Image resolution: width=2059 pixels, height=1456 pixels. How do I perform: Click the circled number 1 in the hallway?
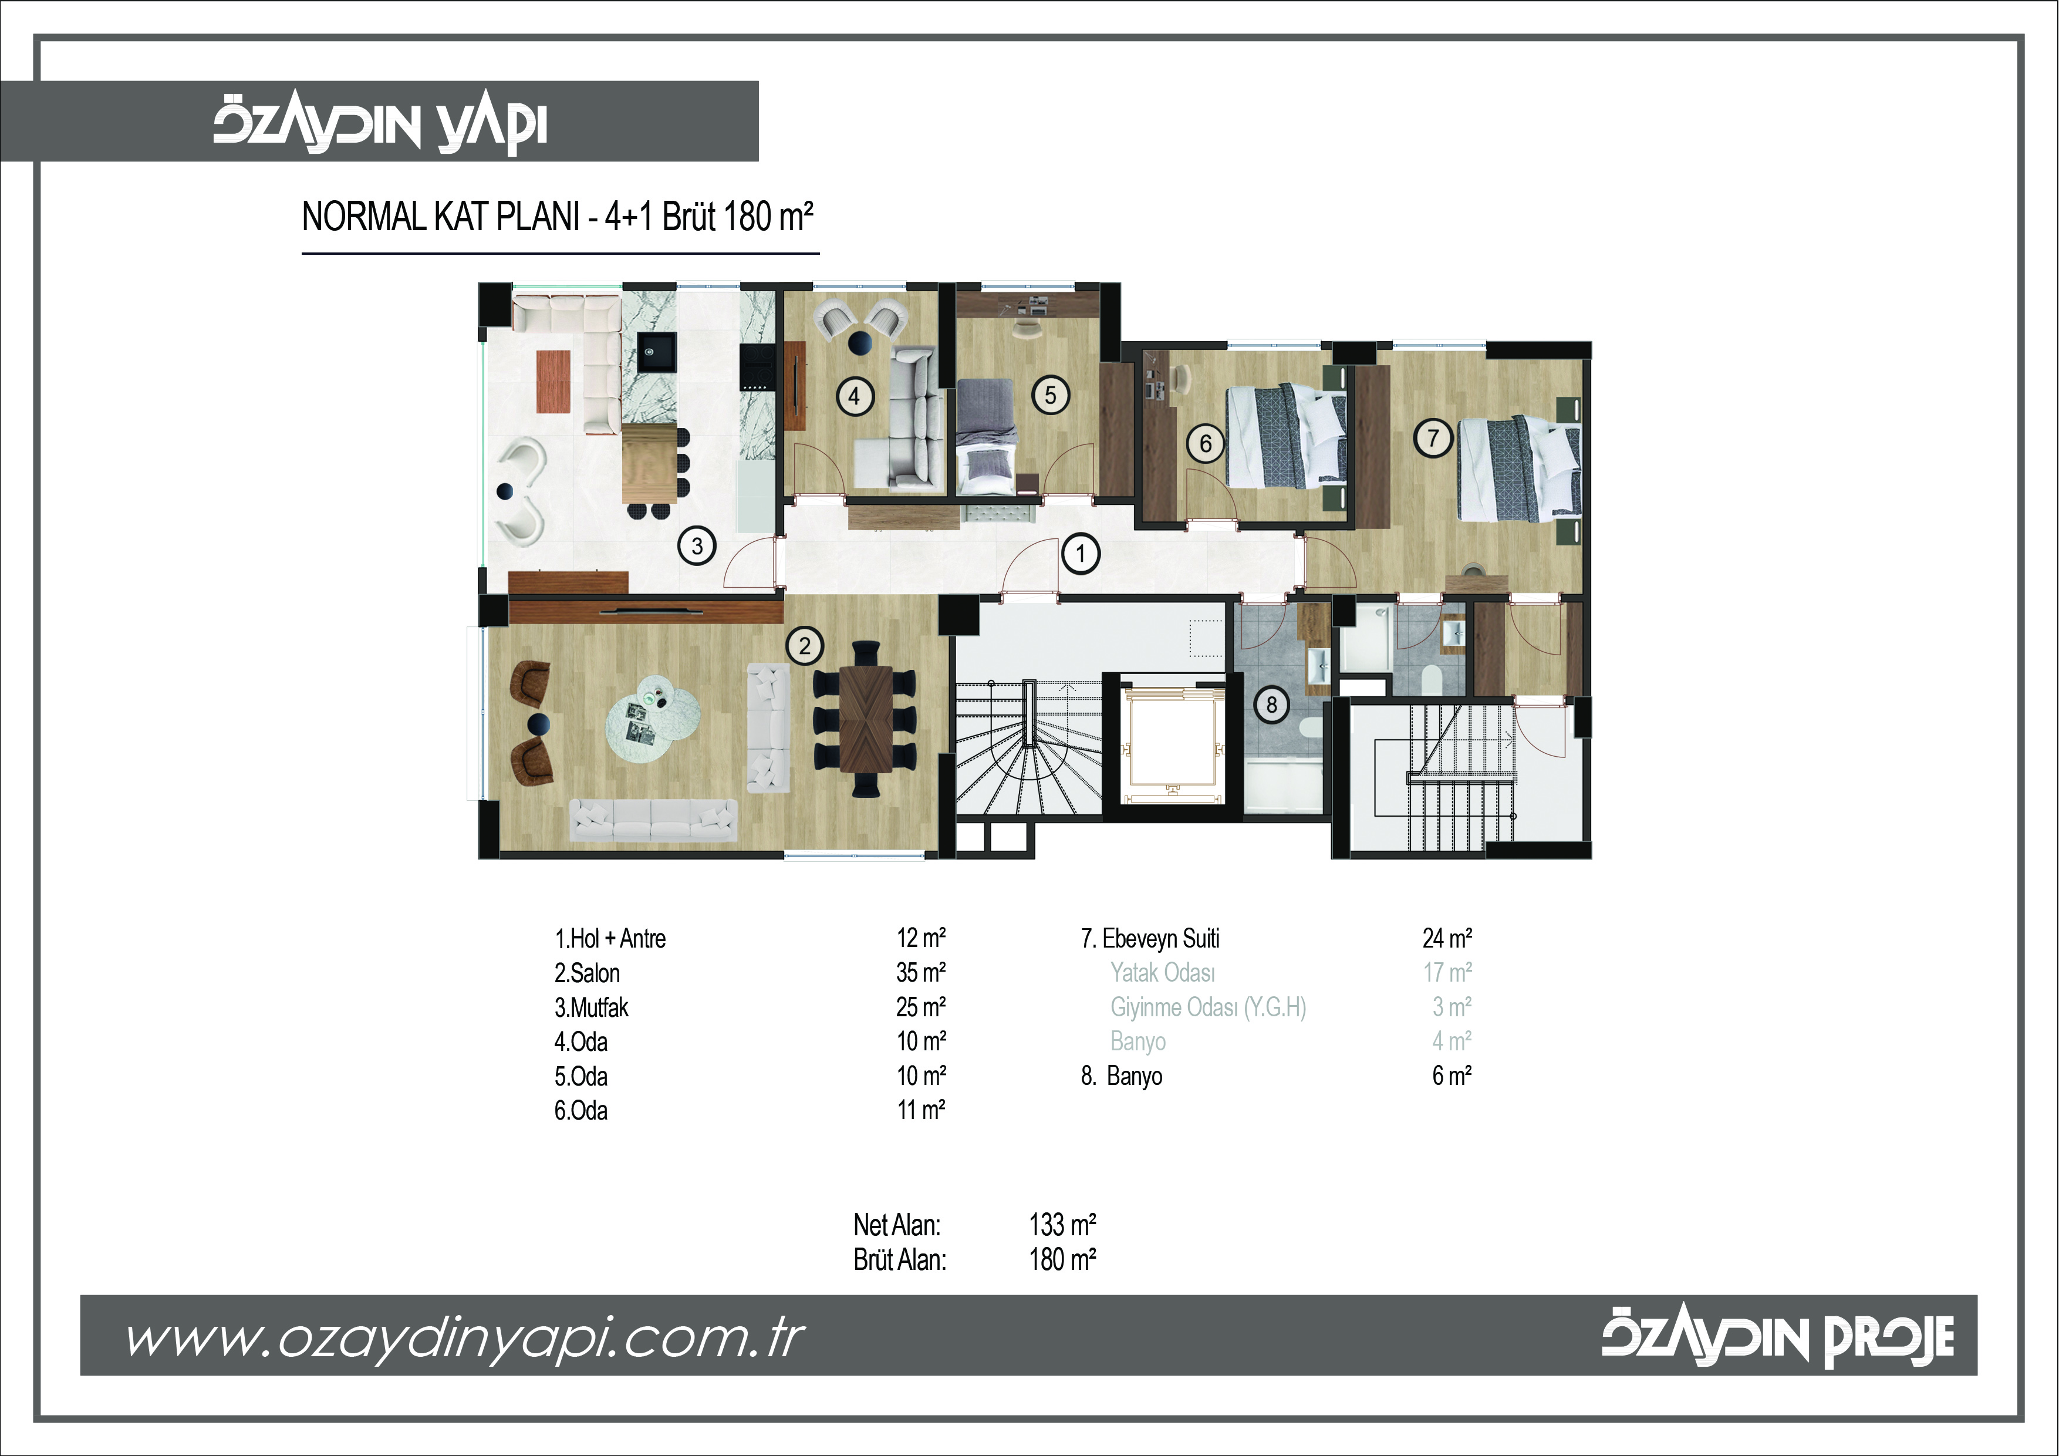point(1081,554)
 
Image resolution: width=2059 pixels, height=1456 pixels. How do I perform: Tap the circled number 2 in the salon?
point(805,646)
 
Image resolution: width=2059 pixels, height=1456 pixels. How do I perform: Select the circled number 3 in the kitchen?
point(697,545)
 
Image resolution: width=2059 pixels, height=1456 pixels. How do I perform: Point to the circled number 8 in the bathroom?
point(1272,705)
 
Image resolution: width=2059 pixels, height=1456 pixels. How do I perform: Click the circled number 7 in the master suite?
point(1433,439)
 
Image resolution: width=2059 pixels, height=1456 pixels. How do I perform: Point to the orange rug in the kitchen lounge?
point(553,381)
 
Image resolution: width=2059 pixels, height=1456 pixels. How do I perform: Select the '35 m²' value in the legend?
point(921,972)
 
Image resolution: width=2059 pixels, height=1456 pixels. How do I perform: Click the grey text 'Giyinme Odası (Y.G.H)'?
point(1208,1007)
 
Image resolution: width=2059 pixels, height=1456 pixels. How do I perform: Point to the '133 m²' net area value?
point(1063,1225)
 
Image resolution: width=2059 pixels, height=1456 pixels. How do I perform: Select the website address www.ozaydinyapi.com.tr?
point(465,1339)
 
